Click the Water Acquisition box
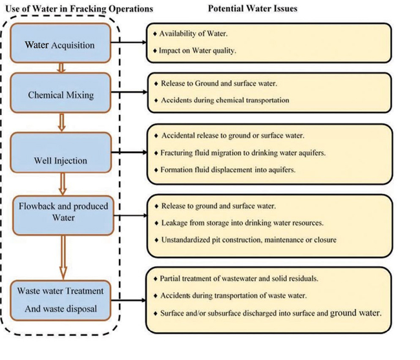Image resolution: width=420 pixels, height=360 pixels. tap(59, 45)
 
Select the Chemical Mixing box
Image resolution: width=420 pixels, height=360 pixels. tap(61, 94)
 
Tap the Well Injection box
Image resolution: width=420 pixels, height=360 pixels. tap(61, 155)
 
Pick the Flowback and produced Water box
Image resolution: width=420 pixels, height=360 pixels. tap(63, 212)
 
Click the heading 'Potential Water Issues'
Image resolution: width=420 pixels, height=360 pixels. tap(251, 8)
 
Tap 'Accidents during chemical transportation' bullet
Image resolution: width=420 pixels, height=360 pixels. tap(220, 100)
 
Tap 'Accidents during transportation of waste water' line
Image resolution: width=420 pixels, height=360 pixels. tap(233, 295)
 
